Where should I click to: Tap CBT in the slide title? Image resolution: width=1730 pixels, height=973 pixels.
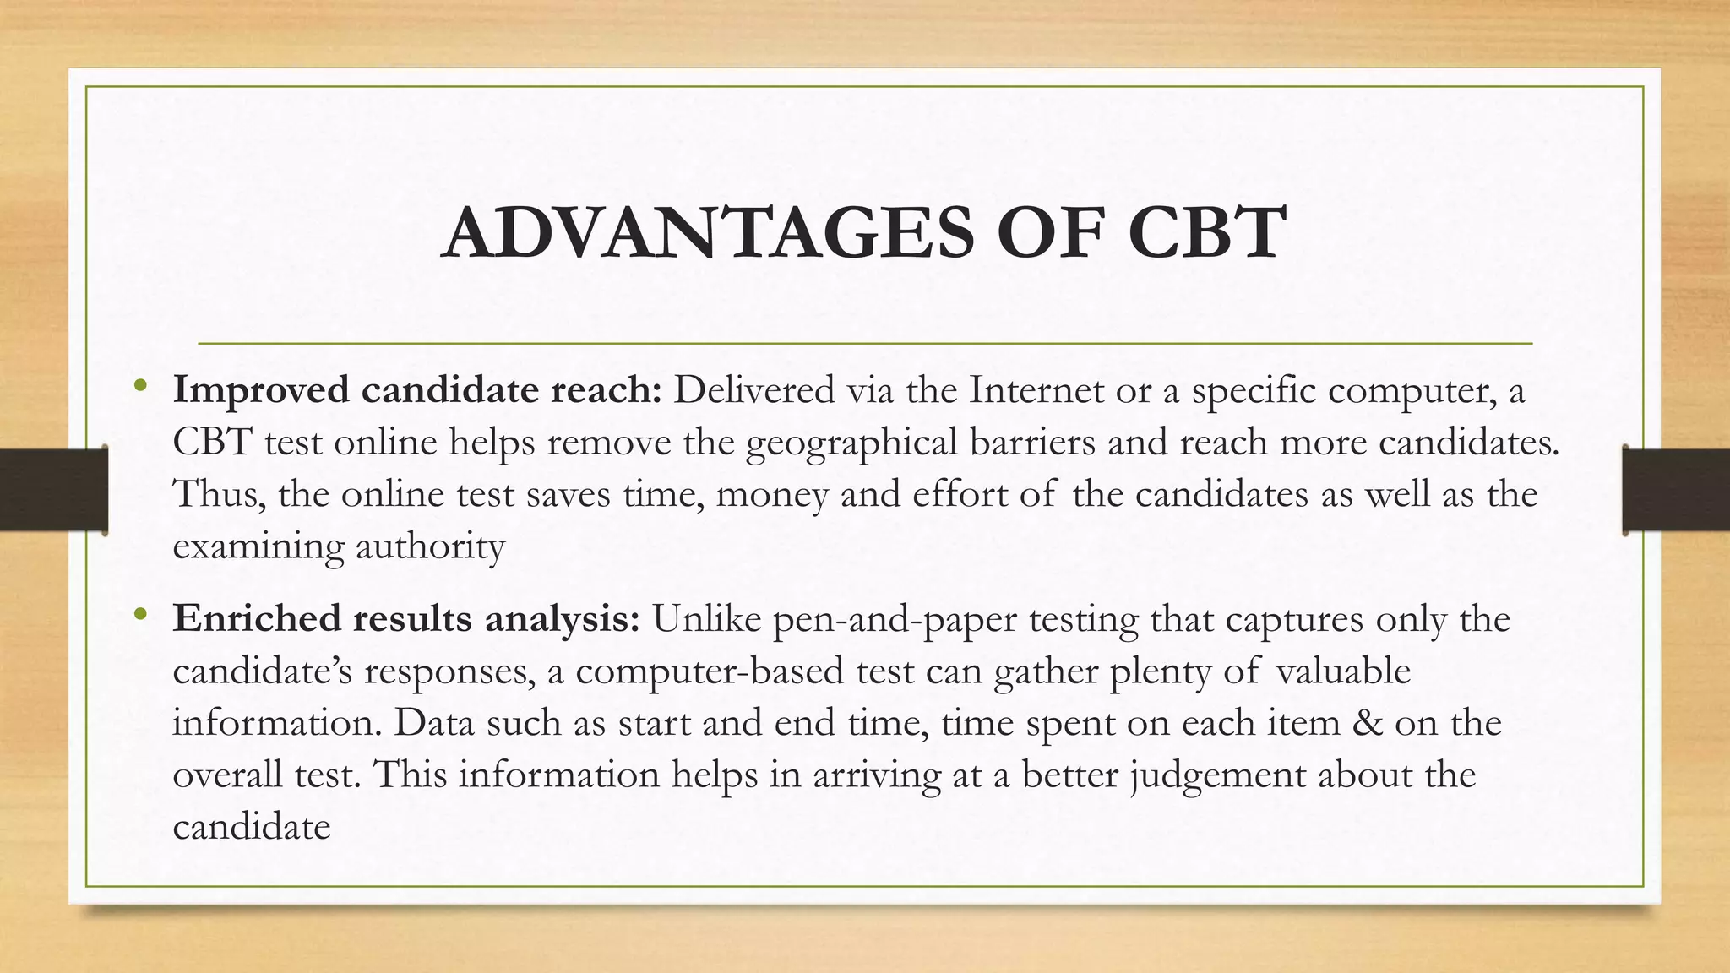tap(1207, 232)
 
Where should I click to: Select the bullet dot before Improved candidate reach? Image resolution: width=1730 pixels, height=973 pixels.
tap(140, 388)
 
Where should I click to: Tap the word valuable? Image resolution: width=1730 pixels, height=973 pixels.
tap(1343, 671)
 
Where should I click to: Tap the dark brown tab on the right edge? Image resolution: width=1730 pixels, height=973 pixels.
tap(1676, 490)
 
